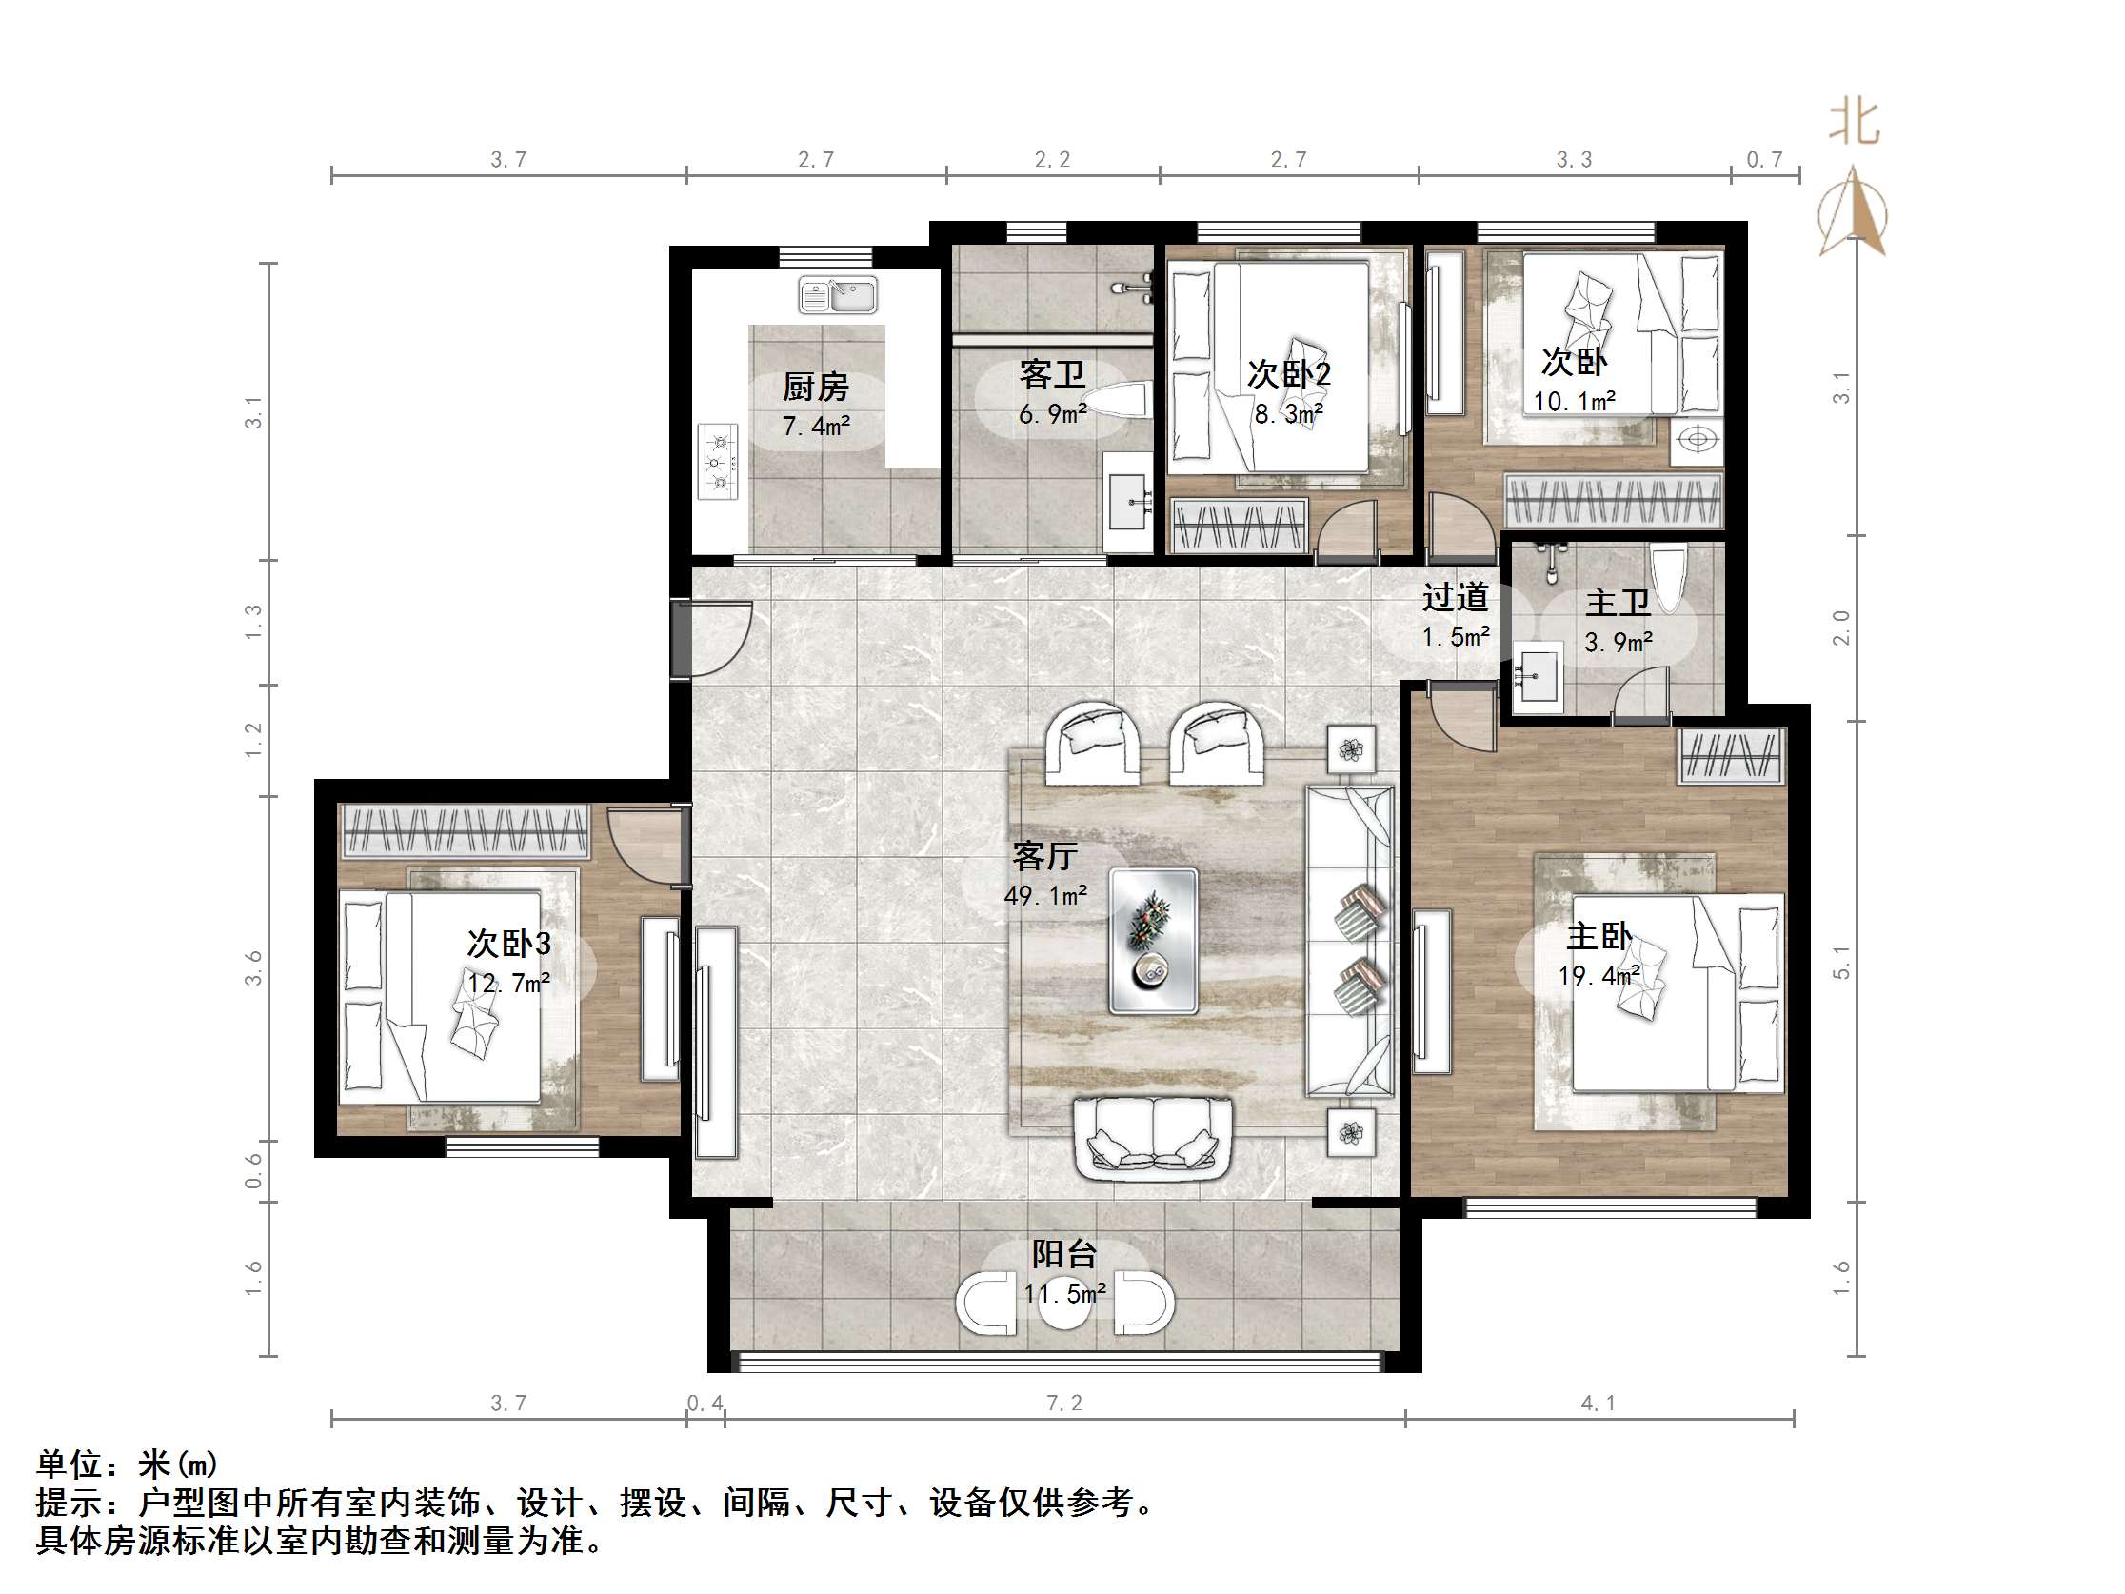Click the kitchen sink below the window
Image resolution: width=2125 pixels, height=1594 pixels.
pos(838,295)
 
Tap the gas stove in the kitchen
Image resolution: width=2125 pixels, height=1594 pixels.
pos(718,462)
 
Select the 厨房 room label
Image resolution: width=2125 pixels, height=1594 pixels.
pos(816,388)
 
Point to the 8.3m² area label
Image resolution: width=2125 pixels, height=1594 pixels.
pos(1288,414)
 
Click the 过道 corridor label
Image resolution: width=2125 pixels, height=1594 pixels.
pos(1456,598)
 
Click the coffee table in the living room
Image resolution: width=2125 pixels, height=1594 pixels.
pos(1153,941)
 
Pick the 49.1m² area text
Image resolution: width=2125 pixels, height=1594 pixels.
pos(1045,895)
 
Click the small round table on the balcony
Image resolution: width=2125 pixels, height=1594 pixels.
pos(1064,1304)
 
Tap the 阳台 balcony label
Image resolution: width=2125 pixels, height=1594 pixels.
pos(1064,1254)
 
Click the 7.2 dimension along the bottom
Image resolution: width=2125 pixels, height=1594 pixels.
pos(1064,1403)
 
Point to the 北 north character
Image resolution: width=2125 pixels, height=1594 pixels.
pos(1853,123)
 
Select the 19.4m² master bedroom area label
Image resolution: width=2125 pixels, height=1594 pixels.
pos(1599,976)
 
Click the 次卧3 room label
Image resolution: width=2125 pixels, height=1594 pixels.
pos(509,944)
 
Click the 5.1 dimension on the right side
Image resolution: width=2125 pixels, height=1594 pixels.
pos(1840,961)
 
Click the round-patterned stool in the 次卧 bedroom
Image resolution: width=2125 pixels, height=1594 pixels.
pos(1698,440)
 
